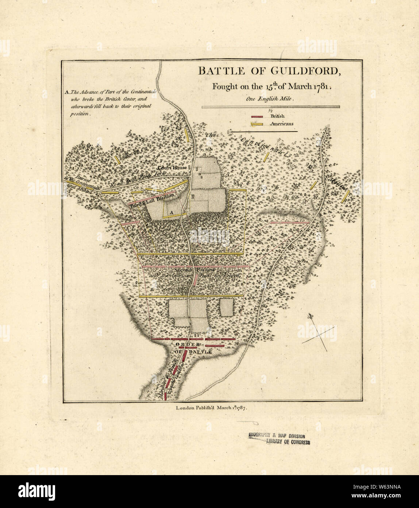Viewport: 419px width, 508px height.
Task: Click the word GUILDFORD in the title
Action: tap(304, 71)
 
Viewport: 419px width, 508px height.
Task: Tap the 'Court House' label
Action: tap(172, 167)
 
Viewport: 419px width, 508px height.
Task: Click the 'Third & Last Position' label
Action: tap(151, 201)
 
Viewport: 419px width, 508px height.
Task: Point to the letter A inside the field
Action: tap(170, 212)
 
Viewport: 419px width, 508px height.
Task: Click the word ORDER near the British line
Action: tap(187, 345)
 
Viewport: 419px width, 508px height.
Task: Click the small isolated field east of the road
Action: tap(227, 307)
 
